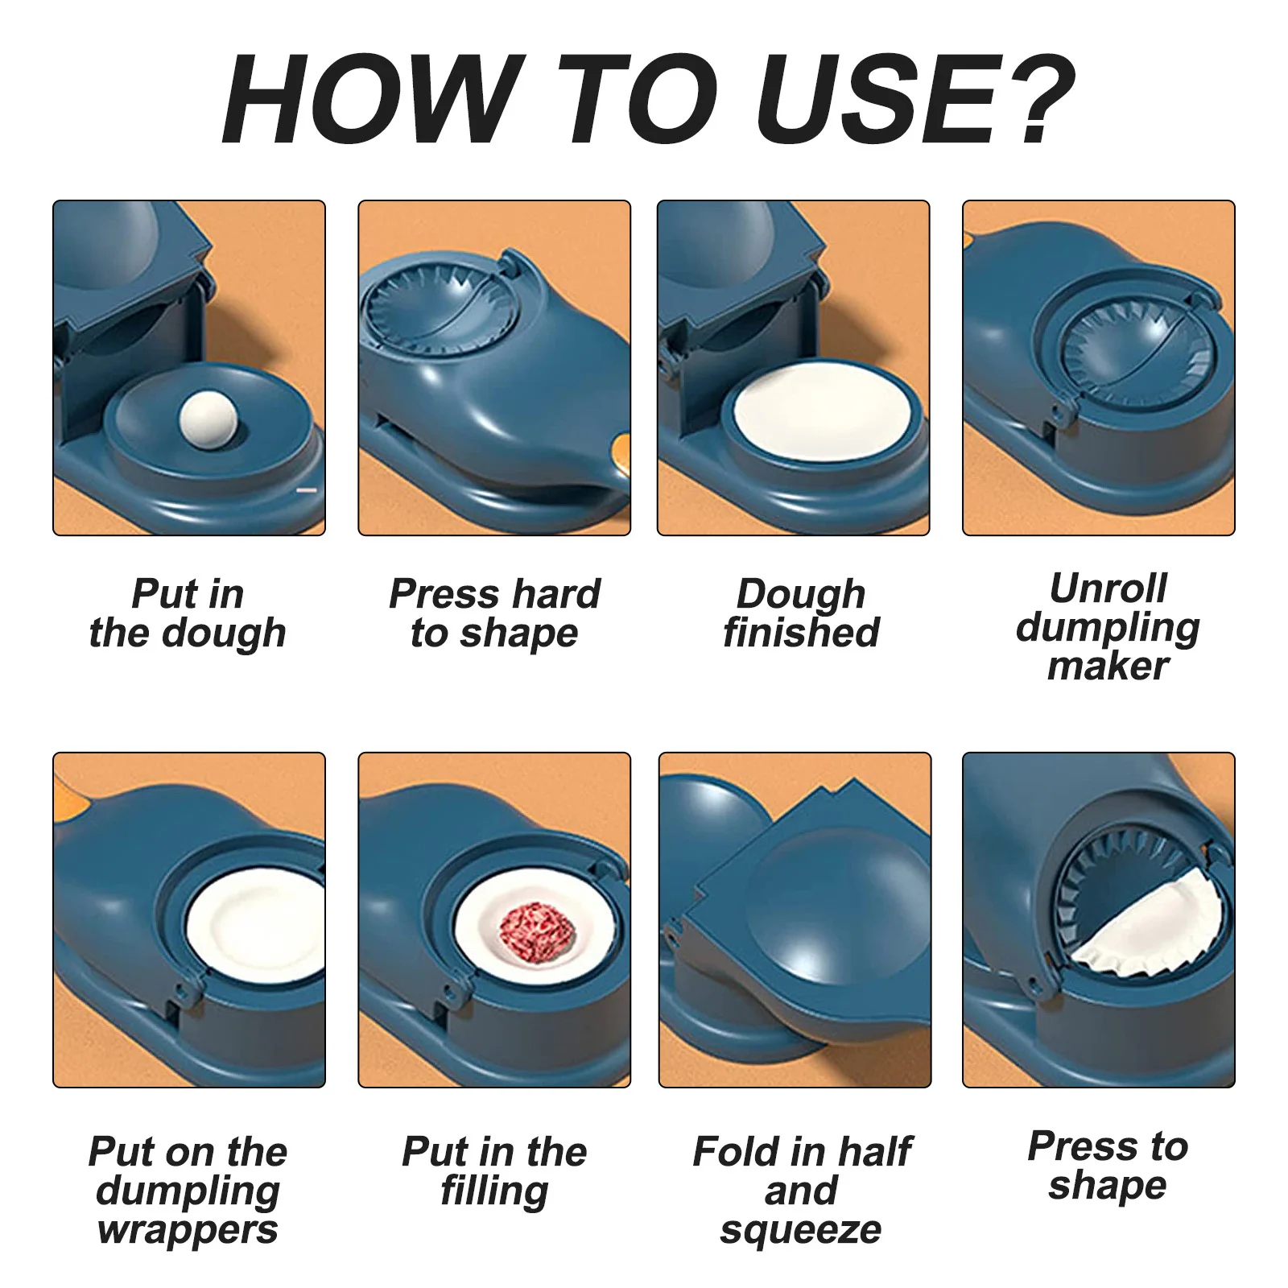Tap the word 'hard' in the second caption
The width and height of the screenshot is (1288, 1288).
pos(556,594)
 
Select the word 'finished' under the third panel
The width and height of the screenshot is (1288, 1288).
pos(801,632)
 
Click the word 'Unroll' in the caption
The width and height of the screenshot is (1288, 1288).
pos(1108,588)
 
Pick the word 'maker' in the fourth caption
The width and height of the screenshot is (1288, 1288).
pos(1108,667)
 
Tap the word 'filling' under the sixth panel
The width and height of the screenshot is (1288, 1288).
pos(494,1191)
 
